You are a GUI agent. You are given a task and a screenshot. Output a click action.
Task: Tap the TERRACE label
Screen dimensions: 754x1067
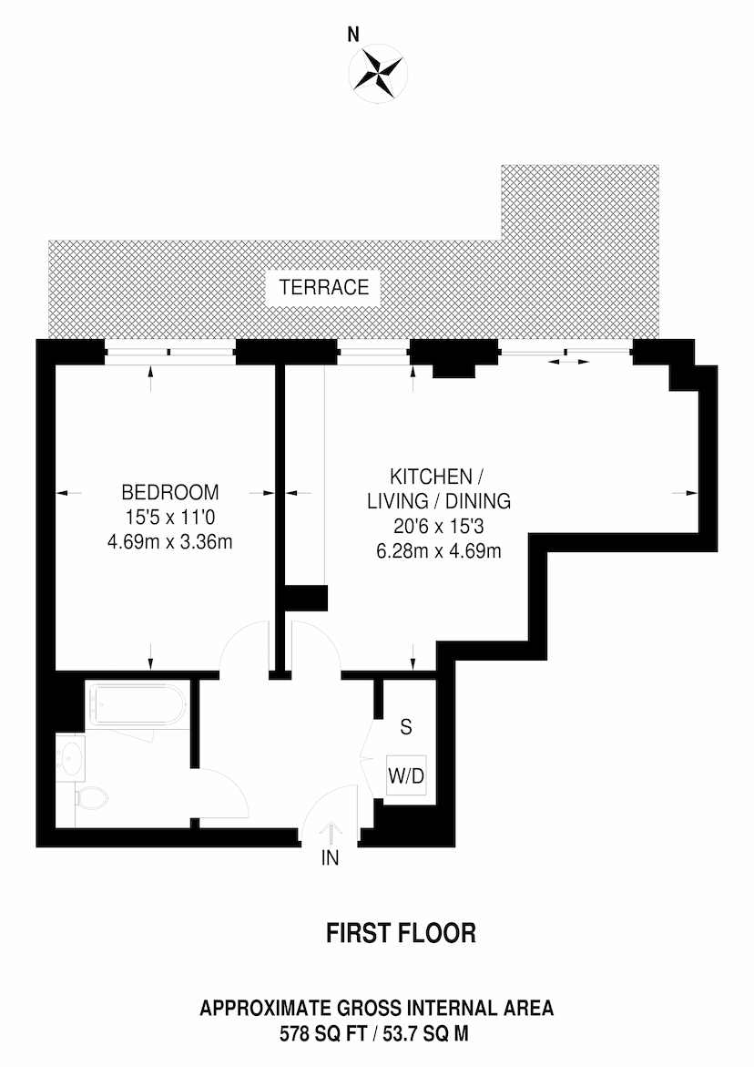tap(323, 287)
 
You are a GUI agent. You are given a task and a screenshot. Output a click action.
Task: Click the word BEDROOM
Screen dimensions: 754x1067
tap(170, 492)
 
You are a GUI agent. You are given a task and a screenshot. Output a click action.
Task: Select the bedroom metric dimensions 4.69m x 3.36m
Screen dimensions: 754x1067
tap(170, 542)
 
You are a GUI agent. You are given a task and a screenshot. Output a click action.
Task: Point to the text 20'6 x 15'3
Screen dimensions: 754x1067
tap(439, 526)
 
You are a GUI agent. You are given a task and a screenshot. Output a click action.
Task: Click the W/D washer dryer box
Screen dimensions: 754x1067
tap(406, 775)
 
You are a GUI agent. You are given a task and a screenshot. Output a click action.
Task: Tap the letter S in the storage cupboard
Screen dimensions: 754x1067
tap(406, 727)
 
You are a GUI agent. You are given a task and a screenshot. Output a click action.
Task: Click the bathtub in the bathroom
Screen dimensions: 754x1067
tap(138, 704)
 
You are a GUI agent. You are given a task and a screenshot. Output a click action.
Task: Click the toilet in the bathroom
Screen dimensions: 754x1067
tap(90, 798)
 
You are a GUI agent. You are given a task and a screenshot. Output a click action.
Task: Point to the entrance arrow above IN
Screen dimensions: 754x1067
tap(331, 834)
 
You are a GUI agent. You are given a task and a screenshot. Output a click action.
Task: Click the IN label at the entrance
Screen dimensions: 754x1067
tap(330, 858)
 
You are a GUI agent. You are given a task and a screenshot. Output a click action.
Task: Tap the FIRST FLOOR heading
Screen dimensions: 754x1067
tap(402, 933)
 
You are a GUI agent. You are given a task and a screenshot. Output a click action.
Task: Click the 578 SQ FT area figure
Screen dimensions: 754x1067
tap(323, 1034)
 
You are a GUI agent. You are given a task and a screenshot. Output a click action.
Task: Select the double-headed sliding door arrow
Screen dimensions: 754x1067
tap(568, 362)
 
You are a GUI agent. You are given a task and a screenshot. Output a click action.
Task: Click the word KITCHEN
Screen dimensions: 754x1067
tap(431, 477)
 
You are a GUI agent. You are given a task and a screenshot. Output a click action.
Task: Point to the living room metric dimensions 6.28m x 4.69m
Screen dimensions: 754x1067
tap(439, 550)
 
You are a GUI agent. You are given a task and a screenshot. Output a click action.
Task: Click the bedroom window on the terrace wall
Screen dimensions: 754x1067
tap(170, 352)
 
